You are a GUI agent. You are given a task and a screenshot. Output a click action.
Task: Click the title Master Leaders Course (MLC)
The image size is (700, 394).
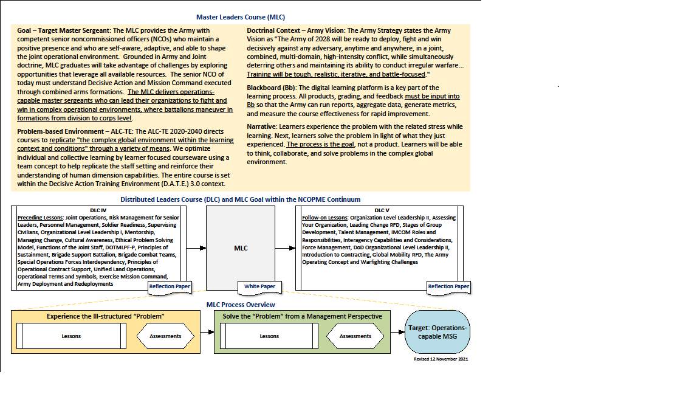point(241,17)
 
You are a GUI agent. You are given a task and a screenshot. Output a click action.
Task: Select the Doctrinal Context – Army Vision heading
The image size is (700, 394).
point(295,30)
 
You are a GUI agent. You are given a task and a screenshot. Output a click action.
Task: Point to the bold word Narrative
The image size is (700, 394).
point(262,126)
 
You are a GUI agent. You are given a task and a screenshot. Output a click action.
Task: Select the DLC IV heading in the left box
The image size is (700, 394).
point(98,210)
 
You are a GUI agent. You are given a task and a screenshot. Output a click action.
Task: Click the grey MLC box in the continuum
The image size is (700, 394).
point(241,248)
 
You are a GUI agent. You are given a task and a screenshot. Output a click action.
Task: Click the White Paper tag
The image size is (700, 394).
point(259,286)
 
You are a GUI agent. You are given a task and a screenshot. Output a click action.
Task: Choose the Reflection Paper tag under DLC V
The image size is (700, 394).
point(448,286)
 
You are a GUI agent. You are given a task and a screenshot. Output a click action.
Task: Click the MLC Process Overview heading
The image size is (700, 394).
point(241,305)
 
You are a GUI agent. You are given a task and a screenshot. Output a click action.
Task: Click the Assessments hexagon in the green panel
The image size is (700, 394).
point(355,336)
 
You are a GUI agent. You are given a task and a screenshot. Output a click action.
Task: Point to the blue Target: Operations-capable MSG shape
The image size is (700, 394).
point(437,331)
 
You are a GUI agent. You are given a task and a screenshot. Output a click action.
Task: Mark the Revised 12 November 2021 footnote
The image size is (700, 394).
point(441,359)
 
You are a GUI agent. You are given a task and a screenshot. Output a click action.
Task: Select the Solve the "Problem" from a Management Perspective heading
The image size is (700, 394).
point(302,316)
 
